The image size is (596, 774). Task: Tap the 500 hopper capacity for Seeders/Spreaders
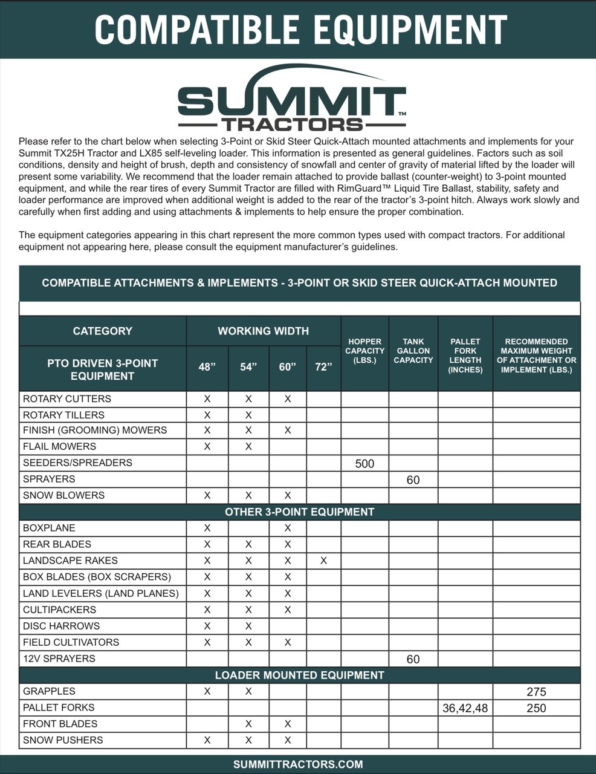tap(364, 464)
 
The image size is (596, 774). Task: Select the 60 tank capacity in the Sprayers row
tap(413, 480)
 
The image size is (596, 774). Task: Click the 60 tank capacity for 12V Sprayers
tap(413, 659)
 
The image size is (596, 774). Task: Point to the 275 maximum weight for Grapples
tap(536, 692)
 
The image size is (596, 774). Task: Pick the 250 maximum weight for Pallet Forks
tap(536, 708)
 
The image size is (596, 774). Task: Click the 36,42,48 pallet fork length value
tap(465, 708)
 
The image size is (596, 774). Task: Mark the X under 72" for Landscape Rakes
tap(323, 561)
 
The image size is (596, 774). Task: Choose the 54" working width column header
tap(248, 367)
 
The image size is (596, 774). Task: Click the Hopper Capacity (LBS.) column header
tap(364, 351)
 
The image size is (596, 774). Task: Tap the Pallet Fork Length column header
tap(465, 355)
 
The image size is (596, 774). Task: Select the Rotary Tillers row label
tap(63, 415)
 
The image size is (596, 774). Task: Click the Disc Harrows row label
tap(61, 626)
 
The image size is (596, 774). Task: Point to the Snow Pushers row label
tap(63, 740)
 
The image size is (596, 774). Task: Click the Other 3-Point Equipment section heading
tap(299, 512)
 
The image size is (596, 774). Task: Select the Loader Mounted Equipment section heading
tap(299, 675)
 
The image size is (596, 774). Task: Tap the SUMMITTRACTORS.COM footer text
tap(298, 764)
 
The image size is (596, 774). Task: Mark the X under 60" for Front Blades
tap(288, 724)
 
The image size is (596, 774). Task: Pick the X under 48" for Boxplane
tap(207, 528)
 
